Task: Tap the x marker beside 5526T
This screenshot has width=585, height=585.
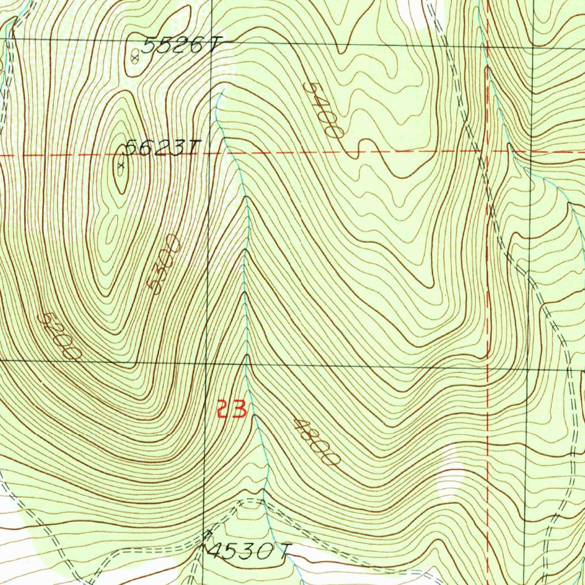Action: click(x=135, y=58)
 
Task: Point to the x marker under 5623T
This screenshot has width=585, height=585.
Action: click(x=121, y=166)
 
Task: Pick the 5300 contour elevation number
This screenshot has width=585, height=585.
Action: click(x=164, y=264)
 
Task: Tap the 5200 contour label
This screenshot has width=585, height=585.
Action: click(x=59, y=336)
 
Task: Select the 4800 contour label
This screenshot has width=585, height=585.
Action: click(x=316, y=441)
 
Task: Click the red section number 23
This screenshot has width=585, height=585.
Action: click(x=232, y=410)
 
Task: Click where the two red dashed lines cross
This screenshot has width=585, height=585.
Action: click(x=488, y=152)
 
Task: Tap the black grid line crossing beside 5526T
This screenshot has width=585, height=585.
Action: click(x=211, y=42)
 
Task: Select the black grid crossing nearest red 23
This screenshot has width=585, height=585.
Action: click(x=206, y=362)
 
